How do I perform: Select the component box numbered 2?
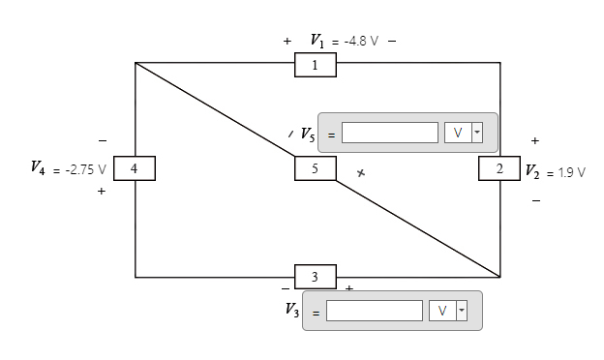click(499, 167)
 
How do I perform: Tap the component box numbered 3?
click(316, 276)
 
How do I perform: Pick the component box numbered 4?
click(135, 167)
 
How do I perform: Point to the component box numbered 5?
click(316, 167)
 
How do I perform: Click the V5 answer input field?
click(390, 133)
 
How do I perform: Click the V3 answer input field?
click(375, 311)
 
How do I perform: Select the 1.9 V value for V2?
click(565, 172)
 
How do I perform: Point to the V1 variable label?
click(317, 41)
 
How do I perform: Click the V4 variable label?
click(37, 168)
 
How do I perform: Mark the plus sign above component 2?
click(534, 141)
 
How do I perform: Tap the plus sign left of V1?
click(287, 42)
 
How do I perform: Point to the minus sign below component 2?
click(534, 201)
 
